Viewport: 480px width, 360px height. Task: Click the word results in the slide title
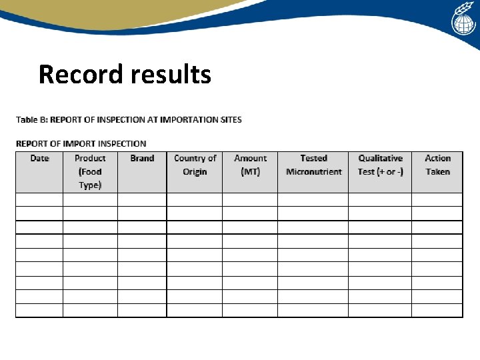tap(171, 74)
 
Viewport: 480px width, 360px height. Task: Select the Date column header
tap(39, 159)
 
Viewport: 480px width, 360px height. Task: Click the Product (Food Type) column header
tap(90, 171)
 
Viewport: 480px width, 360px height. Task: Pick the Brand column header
tap(142, 159)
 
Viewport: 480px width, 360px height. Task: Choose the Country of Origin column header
tap(195, 165)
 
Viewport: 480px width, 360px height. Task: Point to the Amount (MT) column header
tap(250, 165)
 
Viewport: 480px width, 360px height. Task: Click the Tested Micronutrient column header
tap(313, 165)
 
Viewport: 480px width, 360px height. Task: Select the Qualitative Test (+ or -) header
tap(380, 165)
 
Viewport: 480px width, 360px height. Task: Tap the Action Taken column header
tap(437, 165)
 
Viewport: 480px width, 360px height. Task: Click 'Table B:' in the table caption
tap(32, 120)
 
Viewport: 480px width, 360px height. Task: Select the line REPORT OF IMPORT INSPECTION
tap(81, 143)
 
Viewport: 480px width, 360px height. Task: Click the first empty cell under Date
tap(39, 199)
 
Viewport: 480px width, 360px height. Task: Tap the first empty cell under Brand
tap(142, 199)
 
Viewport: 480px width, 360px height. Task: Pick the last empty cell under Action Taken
tap(437, 311)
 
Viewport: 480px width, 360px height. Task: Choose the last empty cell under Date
tap(39, 311)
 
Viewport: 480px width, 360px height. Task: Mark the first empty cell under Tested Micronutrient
tap(313, 199)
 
